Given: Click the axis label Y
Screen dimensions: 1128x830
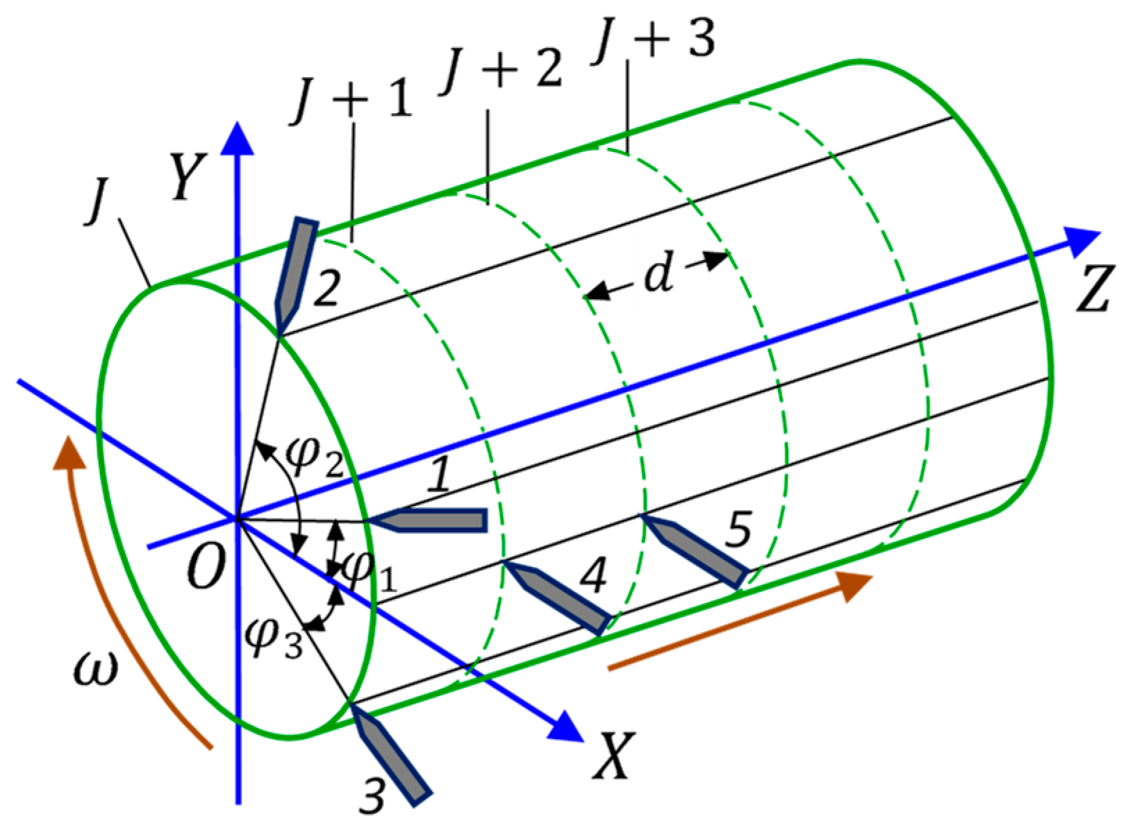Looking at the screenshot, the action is [188, 176].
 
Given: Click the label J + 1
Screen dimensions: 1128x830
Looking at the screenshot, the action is [353, 101].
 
